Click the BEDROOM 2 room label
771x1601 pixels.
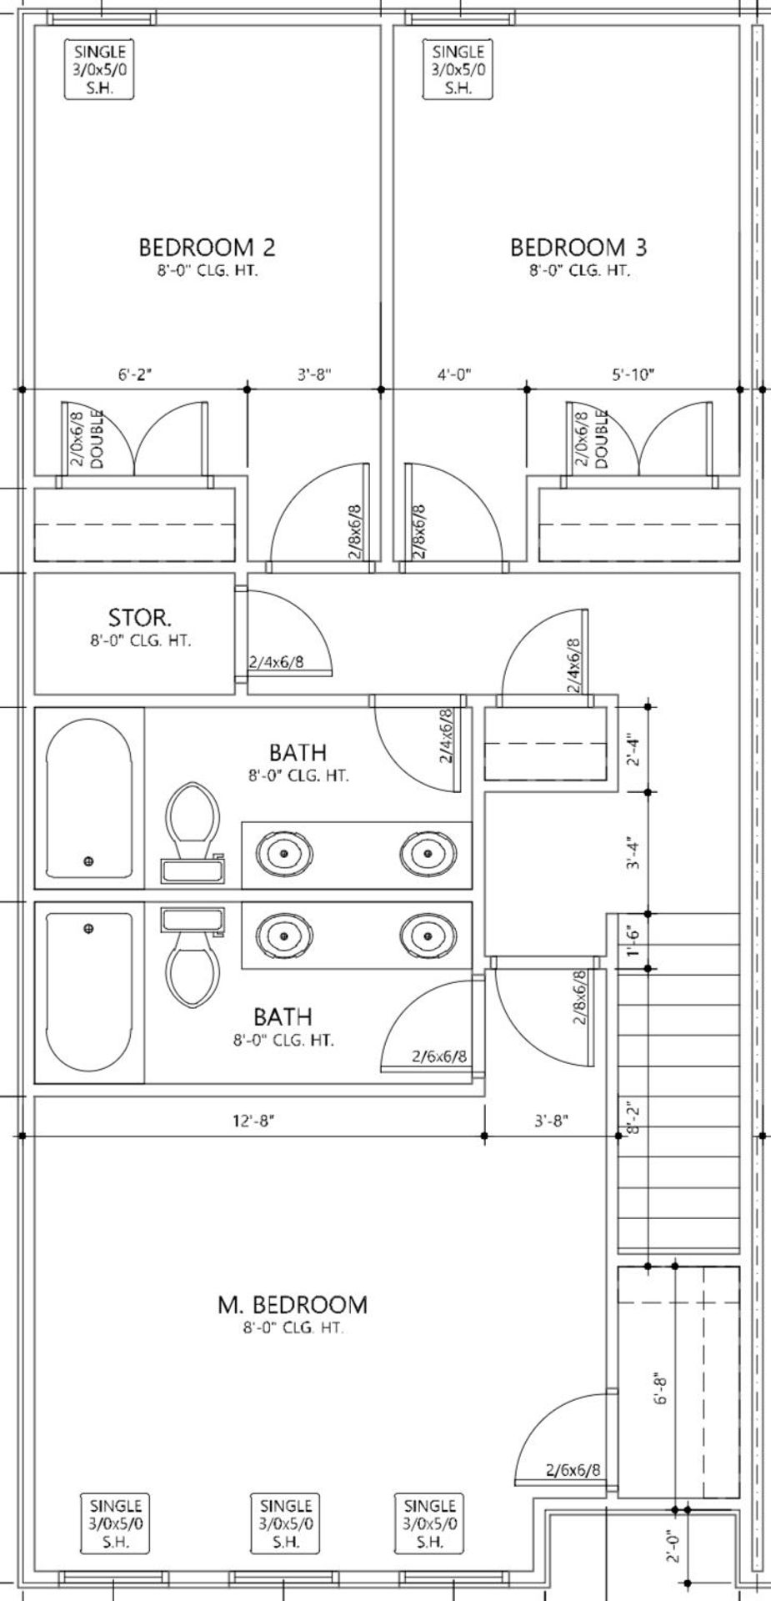click(207, 248)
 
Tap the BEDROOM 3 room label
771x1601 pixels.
click(578, 248)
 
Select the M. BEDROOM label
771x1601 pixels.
click(292, 1304)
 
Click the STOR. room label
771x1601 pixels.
click(140, 618)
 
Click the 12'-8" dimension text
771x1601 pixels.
click(253, 1122)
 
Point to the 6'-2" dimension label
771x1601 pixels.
click(134, 375)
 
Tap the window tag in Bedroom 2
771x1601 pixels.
click(99, 70)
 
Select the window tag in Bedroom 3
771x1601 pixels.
click(458, 70)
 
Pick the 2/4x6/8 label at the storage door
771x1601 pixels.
click(276, 663)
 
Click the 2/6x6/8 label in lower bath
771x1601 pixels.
click(439, 1056)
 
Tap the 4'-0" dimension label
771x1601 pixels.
click(455, 375)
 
